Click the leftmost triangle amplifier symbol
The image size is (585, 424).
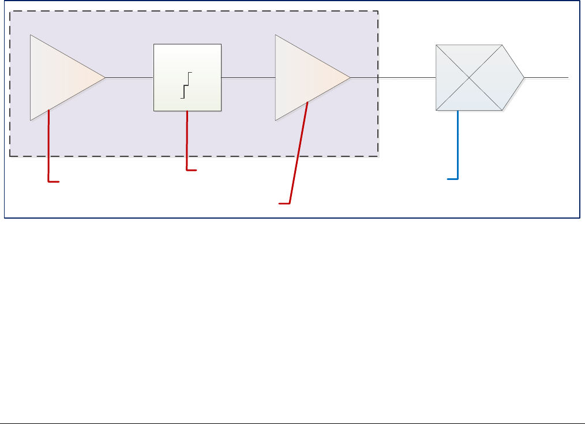61,77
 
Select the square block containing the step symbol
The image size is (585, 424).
187,77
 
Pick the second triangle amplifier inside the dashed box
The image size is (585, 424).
306,77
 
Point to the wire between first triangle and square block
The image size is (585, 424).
129,77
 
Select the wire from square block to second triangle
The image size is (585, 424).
249,77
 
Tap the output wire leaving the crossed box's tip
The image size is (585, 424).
546,77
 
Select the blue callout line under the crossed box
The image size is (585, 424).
458,144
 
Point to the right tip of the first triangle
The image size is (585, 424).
105,77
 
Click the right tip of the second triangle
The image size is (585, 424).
350,77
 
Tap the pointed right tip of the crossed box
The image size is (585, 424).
524,77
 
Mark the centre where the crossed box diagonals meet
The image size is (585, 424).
469,77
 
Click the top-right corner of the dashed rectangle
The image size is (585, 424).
378,11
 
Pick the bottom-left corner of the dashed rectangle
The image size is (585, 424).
10,156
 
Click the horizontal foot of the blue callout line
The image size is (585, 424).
453,180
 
